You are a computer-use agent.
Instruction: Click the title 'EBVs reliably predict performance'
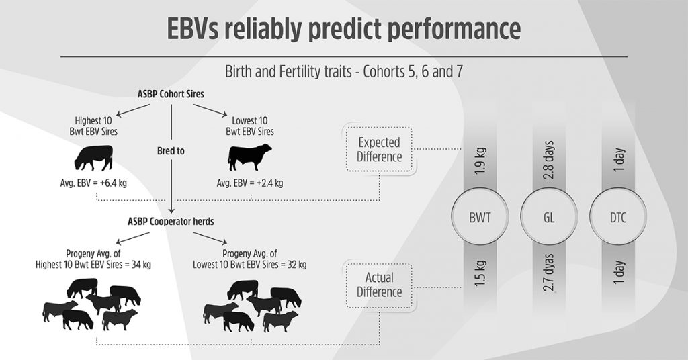coord(343,30)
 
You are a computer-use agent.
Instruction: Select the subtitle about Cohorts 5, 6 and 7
coord(343,72)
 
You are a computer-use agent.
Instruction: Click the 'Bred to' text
coord(172,151)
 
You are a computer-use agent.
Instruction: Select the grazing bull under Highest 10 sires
coord(93,158)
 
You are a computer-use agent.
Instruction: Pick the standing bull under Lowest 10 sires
coord(250,158)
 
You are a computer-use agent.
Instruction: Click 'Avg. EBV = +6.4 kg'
coord(93,182)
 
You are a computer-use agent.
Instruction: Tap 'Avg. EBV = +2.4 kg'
coord(250,182)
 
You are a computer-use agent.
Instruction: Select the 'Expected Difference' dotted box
coord(379,149)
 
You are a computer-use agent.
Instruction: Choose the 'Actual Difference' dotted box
coord(379,285)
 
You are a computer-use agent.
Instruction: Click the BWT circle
coord(478,217)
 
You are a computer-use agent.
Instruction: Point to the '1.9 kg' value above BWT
coord(478,161)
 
